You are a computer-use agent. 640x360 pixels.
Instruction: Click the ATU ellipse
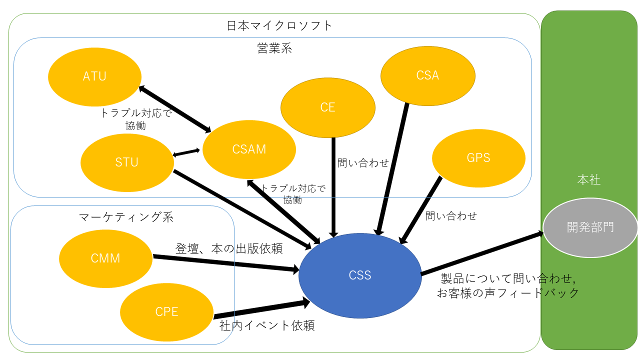(x=94, y=76)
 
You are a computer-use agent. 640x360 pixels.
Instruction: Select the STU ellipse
(x=126, y=162)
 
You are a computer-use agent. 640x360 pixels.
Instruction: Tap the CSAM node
(x=249, y=149)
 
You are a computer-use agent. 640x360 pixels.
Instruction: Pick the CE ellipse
(x=328, y=107)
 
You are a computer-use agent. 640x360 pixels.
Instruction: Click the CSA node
(x=427, y=75)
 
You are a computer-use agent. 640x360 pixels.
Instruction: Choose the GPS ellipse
(x=478, y=158)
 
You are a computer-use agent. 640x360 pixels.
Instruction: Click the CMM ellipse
(x=105, y=258)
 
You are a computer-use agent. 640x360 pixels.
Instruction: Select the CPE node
(x=166, y=311)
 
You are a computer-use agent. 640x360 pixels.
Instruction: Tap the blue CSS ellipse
(x=360, y=275)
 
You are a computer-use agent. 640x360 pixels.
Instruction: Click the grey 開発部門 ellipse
(x=590, y=227)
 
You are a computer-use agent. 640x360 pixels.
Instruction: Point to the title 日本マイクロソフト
(x=279, y=25)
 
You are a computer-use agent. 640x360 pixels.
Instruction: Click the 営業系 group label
(x=274, y=48)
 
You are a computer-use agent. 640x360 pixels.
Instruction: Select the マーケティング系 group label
(x=126, y=217)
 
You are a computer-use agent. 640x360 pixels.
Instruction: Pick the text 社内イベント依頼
(x=267, y=326)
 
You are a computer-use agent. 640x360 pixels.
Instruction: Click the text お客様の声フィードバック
(x=508, y=293)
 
